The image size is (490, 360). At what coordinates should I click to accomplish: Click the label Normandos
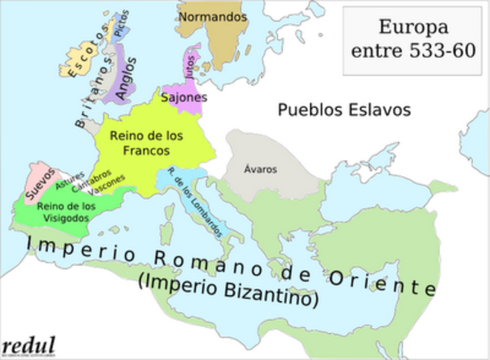point(212,15)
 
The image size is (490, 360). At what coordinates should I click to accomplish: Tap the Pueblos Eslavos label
point(344,110)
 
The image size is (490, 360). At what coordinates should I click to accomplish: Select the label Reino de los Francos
point(146,142)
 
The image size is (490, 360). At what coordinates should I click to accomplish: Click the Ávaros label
point(260,169)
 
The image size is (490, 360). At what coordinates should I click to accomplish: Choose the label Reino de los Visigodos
point(66,212)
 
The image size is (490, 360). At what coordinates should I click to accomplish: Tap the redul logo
point(28,342)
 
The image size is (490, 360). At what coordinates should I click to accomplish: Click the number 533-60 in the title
point(437,51)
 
